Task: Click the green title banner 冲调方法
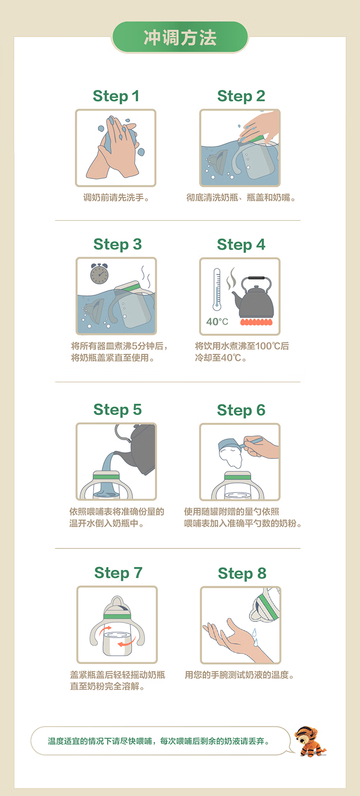[x=180, y=37]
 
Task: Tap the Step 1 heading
[x=116, y=96]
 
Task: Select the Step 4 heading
[x=241, y=245]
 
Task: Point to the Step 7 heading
[x=119, y=573]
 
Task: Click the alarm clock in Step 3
[x=99, y=274]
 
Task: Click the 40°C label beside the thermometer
[x=217, y=322]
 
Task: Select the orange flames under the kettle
[x=256, y=322]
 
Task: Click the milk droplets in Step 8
[x=255, y=638]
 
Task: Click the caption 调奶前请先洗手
[x=116, y=198]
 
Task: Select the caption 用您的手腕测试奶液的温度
[x=239, y=675]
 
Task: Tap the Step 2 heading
[x=241, y=96]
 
